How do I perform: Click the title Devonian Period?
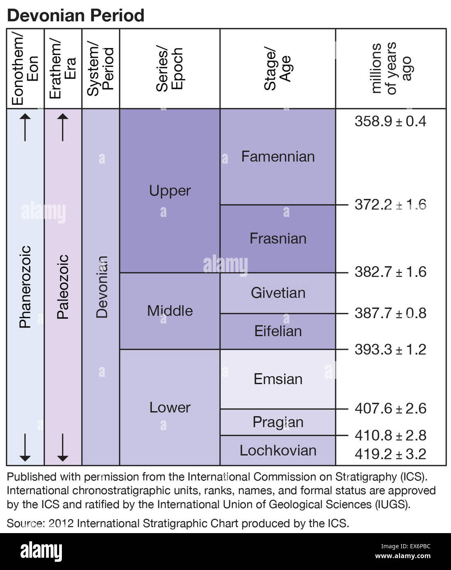coord(75,16)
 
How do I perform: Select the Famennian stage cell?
coord(278,157)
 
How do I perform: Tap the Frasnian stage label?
coord(278,239)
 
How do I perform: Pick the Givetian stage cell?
coord(278,293)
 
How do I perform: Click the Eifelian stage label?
coord(278,331)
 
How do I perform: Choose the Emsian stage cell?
coord(278,379)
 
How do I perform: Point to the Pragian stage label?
coord(278,422)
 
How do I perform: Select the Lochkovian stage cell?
coord(278,450)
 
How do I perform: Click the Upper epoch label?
coord(170,191)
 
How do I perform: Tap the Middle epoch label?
coord(170,311)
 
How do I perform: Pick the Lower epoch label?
coord(170,408)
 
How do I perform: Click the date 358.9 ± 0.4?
coord(390,121)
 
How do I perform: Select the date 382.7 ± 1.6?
coord(390,272)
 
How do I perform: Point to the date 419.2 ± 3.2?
coord(390,454)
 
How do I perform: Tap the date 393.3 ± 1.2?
coord(390,349)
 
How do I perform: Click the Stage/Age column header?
coord(278,68)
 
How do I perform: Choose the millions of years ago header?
coord(390,68)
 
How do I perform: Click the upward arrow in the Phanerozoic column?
coord(25,127)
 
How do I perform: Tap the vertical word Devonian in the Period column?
coord(102,287)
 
